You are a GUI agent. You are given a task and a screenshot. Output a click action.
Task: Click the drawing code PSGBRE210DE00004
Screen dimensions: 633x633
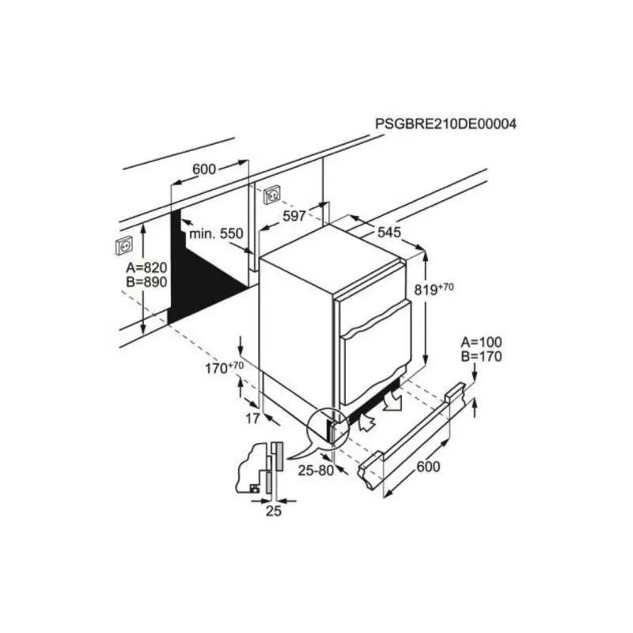click(x=445, y=123)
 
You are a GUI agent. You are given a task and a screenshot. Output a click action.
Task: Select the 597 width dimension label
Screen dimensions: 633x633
click(x=294, y=216)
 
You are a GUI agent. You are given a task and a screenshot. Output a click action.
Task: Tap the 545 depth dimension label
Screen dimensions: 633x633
click(x=389, y=232)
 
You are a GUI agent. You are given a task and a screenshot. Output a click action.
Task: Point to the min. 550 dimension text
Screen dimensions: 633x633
click(x=216, y=233)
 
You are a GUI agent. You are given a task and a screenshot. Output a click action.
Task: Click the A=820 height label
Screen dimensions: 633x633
click(x=146, y=267)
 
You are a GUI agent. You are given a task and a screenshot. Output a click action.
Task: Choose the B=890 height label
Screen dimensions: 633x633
click(x=146, y=282)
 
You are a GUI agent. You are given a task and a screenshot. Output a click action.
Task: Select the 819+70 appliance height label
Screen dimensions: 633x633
click(x=434, y=289)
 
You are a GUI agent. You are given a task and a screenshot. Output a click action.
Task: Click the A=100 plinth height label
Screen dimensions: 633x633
click(x=482, y=343)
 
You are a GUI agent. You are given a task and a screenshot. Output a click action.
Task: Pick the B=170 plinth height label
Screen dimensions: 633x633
click(x=482, y=357)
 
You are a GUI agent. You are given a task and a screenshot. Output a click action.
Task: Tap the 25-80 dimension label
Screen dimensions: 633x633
click(x=316, y=470)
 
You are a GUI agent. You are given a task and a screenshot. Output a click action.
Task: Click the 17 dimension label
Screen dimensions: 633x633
click(x=252, y=419)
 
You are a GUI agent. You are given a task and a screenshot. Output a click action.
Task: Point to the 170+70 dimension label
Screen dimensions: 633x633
click(x=225, y=368)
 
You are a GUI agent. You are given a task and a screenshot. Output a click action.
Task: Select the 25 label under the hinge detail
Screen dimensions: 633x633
click(x=273, y=511)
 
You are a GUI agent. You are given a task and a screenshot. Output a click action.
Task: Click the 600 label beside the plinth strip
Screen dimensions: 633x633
click(x=428, y=467)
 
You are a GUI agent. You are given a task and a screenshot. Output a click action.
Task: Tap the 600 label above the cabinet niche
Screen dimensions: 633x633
click(x=204, y=169)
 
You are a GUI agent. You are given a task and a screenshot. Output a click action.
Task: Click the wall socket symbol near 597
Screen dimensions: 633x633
click(x=272, y=195)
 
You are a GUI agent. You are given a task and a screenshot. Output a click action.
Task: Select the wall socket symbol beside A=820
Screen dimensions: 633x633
click(x=124, y=245)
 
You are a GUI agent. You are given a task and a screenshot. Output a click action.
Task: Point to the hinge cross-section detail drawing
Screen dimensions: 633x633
click(x=260, y=468)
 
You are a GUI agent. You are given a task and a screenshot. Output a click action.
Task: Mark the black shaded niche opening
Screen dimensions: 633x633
click(x=198, y=279)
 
